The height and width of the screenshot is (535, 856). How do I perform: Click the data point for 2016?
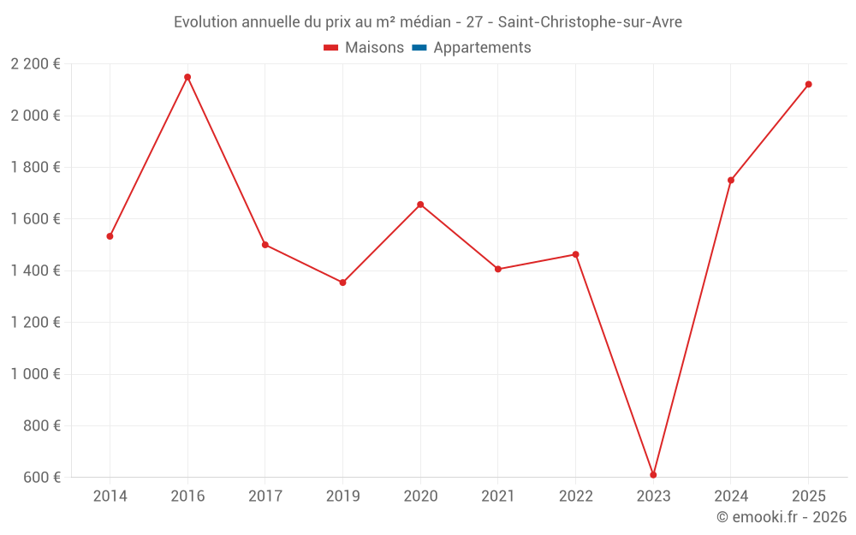(x=187, y=77)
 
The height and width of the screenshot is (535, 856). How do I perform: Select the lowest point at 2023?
(x=653, y=475)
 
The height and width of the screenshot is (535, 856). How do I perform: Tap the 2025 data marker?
(x=808, y=84)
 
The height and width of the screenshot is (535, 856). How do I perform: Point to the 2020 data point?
(x=420, y=205)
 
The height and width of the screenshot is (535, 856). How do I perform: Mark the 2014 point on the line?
(x=110, y=236)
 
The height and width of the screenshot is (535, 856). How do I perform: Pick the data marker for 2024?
(x=731, y=181)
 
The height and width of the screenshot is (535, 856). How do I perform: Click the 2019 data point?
(x=342, y=282)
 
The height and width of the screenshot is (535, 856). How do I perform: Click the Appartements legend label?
(x=482, y=48)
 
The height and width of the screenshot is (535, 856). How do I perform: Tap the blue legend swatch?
(x=419, y=48)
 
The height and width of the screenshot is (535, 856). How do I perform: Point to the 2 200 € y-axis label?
(x=35, y=64)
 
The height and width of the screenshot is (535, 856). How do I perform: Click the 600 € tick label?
(x=41, y=478)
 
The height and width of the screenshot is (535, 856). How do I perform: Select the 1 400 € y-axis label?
(x=35, y=270)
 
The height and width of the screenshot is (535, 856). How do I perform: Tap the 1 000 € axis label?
(x=35, y=374)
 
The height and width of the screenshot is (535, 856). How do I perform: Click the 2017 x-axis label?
(x=265, y=496)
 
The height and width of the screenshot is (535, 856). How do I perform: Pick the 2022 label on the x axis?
(x=575, y=496)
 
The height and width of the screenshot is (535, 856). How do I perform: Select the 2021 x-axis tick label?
(x=498, y=496)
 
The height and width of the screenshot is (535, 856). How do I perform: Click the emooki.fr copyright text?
(x=782, y=517)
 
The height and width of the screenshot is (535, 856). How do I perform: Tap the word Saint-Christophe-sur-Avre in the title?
(x=590, y=22)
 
